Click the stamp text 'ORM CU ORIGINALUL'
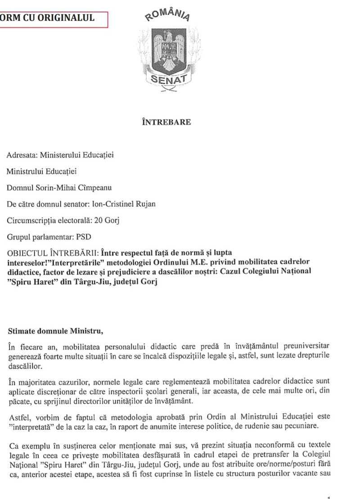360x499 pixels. [47, 18]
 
